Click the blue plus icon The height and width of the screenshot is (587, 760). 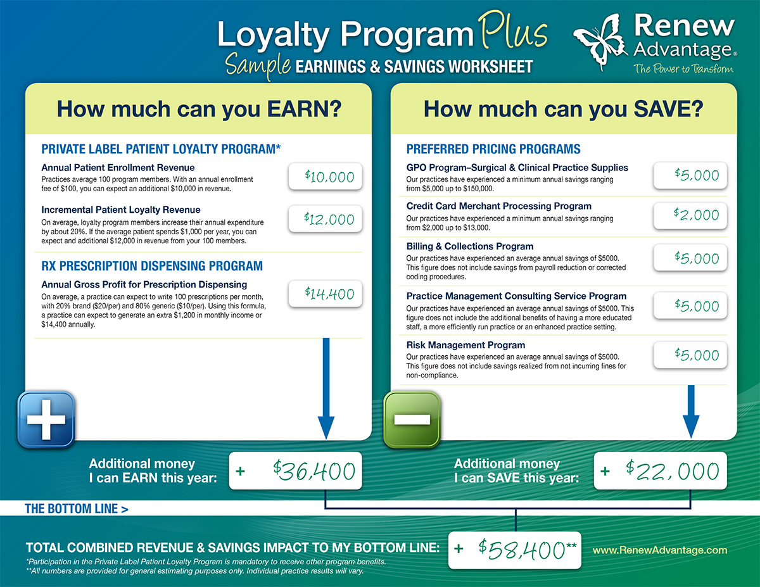[46, 419]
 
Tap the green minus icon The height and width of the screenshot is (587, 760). [412, 419]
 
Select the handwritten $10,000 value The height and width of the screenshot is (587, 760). [329, 177]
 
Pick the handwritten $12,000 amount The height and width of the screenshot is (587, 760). [329, 219]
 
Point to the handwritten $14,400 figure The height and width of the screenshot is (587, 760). [329, 294]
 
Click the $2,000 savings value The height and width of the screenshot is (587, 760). [696, 214]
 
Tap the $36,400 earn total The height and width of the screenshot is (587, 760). [314, 470]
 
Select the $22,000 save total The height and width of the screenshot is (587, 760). [672, 470]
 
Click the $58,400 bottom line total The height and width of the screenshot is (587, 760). [527, 550]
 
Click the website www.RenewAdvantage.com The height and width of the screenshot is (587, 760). [660, 550]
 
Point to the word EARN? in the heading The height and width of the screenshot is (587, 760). [304, 109]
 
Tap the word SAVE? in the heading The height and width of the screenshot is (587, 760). [668, 109]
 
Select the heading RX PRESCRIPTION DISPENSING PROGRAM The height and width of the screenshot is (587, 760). [152, 266]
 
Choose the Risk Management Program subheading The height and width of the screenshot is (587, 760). [465, 345]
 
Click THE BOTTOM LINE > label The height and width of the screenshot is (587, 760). [76, 508]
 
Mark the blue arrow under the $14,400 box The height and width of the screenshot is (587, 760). [326, 388]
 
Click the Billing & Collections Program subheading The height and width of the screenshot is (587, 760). [470, 246]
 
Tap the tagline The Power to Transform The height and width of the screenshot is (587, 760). [683, 68]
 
